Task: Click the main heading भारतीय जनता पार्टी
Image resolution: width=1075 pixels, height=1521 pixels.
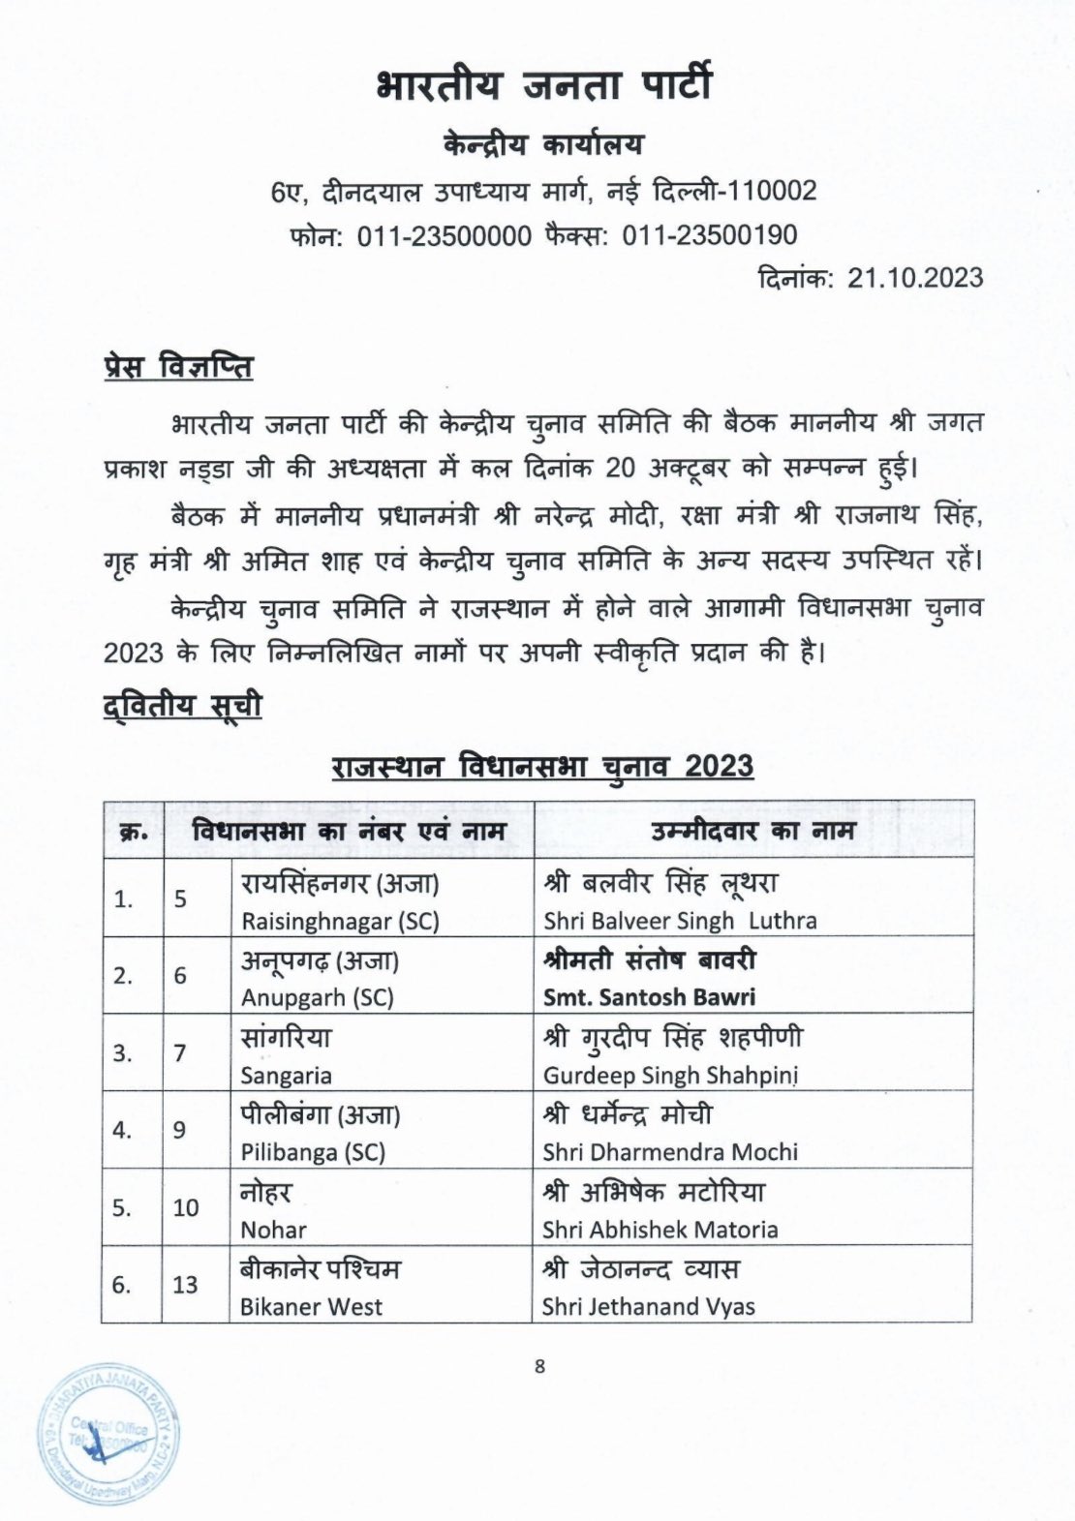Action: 542,85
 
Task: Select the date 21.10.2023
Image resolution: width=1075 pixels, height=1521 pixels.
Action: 915,278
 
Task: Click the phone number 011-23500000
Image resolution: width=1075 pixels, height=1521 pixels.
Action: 445,235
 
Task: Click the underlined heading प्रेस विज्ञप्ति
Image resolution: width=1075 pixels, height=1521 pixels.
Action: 178,369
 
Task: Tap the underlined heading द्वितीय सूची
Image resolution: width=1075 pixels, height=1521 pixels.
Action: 182,706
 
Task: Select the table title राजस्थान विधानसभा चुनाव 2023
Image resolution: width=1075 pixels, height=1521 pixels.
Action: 542,766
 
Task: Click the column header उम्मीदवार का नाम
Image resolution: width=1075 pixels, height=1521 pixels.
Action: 752,831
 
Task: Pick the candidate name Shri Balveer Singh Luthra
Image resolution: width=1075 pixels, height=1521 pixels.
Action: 679,921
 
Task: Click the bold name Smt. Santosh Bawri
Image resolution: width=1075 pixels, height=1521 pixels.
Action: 649,997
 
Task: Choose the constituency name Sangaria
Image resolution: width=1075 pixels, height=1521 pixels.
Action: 286,1075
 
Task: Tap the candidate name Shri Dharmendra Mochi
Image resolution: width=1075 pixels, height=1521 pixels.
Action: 670,1152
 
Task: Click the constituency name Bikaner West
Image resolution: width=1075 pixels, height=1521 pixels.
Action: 311,1307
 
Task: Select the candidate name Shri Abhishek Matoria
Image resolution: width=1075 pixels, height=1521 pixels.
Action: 660,1230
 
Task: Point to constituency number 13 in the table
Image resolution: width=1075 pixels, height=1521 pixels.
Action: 185,1285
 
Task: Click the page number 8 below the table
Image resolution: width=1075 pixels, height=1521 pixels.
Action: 539,1366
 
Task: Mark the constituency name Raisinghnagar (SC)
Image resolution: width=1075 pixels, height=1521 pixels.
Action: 340,921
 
